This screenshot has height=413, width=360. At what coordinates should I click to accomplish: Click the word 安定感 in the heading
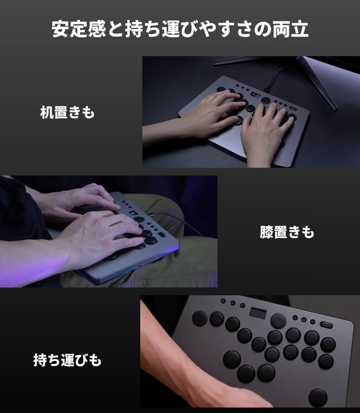tap(79, 29)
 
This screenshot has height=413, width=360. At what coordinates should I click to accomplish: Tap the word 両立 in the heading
tap(290, 29)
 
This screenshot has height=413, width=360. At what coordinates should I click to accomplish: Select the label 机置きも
tap(68, 113)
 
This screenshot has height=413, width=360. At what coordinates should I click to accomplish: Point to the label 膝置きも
tap(287, 232)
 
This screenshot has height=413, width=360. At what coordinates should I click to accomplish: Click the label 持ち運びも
tap(67, 360)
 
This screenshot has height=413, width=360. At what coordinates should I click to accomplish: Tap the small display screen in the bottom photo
tap(258, 313)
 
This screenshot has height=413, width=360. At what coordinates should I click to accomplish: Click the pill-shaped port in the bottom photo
tap(326, 325)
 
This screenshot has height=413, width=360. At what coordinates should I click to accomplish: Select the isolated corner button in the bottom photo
tap(318, 397)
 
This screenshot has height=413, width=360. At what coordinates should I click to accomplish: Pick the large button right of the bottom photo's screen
tap(278, 321)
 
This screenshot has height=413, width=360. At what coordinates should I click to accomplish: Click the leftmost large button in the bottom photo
tap(200, 318)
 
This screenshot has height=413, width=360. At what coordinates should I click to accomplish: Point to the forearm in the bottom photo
tap(184, 361)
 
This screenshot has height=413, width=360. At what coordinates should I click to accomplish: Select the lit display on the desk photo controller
tap(255, 95)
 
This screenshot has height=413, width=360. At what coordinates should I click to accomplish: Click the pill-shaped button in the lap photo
tap(162, 234)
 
